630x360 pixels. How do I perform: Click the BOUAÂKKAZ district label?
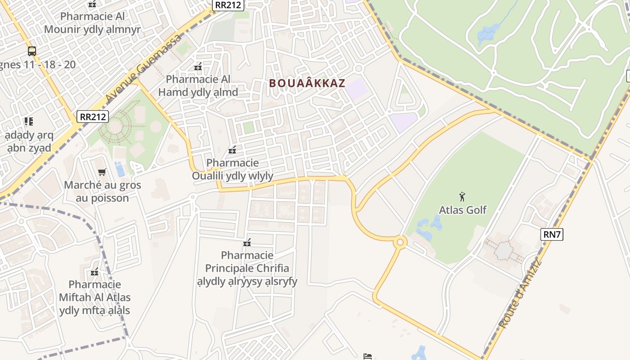(x=307, y=83)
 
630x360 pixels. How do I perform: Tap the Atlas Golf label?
(x=463, y=210)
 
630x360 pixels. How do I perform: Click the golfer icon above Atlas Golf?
(x=462, y=197)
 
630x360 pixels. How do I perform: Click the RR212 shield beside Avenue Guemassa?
(x=93, y=117)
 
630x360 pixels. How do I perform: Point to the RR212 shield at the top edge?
(x=229, y=5)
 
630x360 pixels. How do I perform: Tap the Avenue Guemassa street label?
(x=143, y=67)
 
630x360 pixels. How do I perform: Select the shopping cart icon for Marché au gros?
(x=102, y=172)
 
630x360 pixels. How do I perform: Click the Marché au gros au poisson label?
(x=103, y=191)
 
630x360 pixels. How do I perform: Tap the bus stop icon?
(x=31, y=51)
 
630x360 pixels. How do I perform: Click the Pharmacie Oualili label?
(x=232, y=169)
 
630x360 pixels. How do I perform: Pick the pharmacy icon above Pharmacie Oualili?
(x=232, y=150)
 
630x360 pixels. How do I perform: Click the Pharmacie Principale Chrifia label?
(x=247, y=268)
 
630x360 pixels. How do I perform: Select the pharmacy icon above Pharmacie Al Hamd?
(x=198, y=67)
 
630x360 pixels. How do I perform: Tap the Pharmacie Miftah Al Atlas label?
(x=94, y=297)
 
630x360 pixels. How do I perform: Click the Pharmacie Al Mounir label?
(x=92, y=23)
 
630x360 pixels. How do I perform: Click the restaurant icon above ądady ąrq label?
(x=29, y=121)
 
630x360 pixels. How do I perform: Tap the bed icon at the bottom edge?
(x=368, y=356)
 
